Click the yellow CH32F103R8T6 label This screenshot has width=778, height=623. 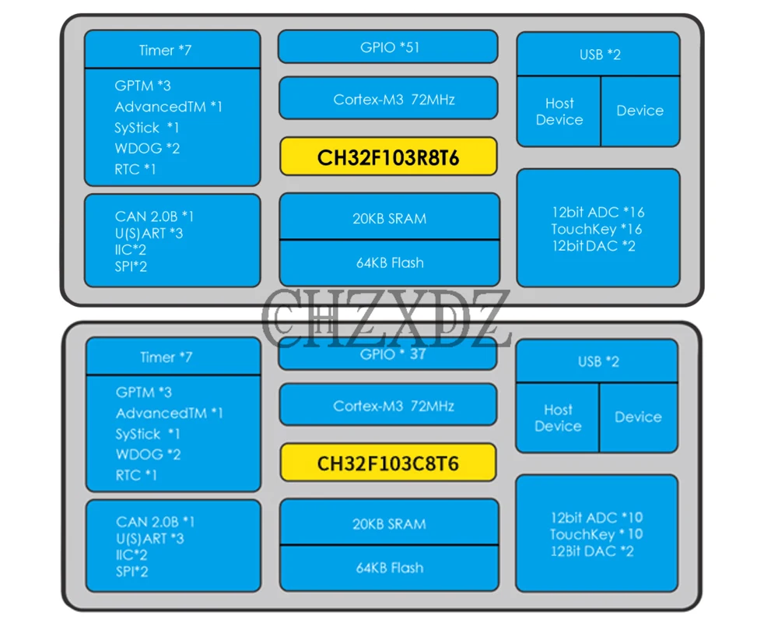(x=387, y=158)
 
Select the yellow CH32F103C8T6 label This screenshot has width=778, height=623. (x=387, y=463)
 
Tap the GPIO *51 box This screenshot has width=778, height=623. (x=388, y=48)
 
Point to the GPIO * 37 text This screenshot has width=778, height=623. (x=394, y=354)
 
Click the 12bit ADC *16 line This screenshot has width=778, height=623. (x=598, y=212)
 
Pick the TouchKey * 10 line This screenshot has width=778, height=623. (x=596, y=534)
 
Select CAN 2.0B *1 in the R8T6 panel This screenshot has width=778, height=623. (x=154, y=216)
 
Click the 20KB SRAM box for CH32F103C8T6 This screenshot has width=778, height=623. (x=389, y=524)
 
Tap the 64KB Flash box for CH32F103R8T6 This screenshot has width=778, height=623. (x=389, y=263)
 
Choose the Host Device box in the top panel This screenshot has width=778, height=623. (x=559, y=111)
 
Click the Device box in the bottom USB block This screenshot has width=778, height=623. (x=638, y=417)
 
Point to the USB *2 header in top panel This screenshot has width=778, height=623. (x=599, y=55)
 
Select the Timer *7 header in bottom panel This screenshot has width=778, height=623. (x=166, y=357)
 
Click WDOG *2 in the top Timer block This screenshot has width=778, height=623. (x=147, y=148)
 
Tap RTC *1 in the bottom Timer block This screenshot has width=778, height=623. (x=136, y=475)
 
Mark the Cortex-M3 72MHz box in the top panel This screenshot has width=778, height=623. (x=388, y=99)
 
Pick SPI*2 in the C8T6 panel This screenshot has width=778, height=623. (x=131, y=572)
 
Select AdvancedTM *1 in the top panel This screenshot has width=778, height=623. (x=168, y=107)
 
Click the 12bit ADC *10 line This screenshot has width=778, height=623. (x=597, y=518)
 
